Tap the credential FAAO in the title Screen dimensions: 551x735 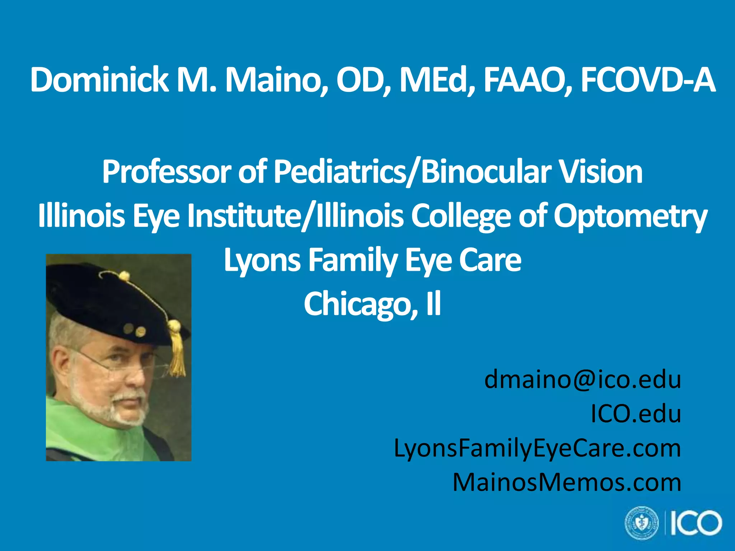click(x=526, y=80)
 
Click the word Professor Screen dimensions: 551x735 click(x=165, y=172)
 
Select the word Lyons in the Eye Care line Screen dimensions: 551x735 click(x=262, y=260)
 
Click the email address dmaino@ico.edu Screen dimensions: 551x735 click(x=582, y=380)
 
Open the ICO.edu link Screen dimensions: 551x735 click(x=636, y=414)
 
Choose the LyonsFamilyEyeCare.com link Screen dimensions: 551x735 click(x=537, y=448)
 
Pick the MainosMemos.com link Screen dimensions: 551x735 click(x=567, y=482)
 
